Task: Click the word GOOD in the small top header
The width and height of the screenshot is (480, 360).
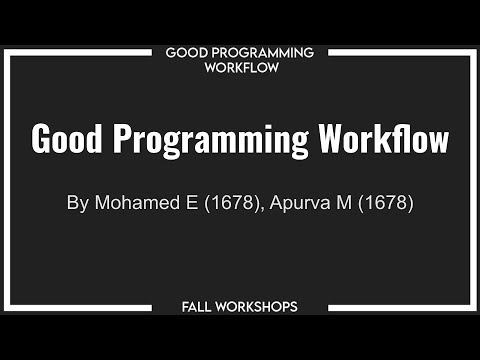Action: tap(185, 52)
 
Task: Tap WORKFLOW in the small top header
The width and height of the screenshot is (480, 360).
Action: tap(240, 68)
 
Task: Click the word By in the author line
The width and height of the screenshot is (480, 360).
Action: tap(77, 203)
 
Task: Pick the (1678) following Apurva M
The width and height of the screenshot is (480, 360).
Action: tap(384, 203)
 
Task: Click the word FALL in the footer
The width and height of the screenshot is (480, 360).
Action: tap(200, 306)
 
